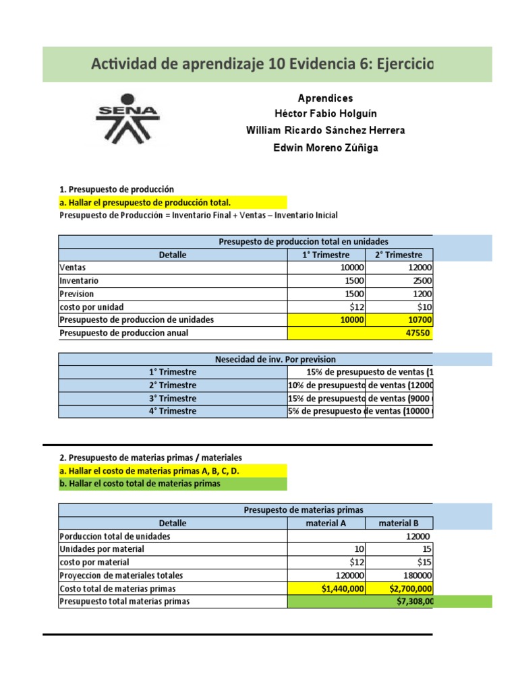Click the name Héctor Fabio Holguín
(326, 114)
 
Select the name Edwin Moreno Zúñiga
(326, 148)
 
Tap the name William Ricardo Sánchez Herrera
(326, 131)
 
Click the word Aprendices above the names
(326, 98)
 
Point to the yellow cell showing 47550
(360, 333)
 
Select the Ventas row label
(73, 268)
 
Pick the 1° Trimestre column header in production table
(326, 255)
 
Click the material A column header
(326, 523)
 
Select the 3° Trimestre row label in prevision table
(173, 398)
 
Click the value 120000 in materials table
(349, 575)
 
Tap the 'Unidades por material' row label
(102, 549)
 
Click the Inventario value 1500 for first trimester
(352, 280)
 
